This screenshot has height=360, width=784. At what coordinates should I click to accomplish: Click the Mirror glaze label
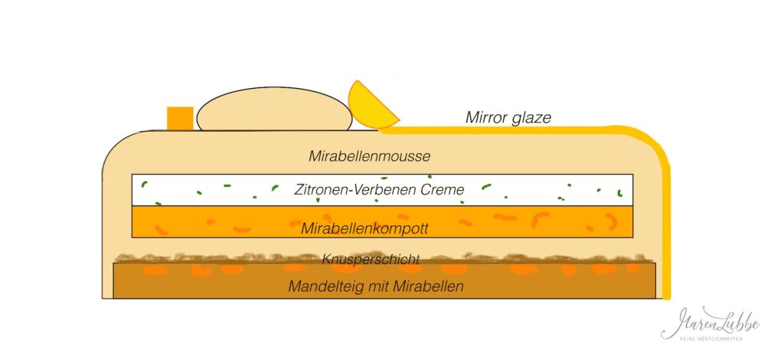click(508, 118)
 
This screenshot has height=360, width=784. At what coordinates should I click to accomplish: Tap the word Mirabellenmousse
click(370, 156)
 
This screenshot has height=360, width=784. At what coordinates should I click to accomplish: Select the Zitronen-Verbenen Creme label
click(380, 190)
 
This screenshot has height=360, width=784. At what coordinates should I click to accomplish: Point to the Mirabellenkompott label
click(364, 229)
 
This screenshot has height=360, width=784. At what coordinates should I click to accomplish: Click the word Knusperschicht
click(371, 259)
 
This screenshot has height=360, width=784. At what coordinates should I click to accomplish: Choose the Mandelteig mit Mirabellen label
click(375, 286)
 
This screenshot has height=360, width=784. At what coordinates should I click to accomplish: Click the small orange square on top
click(180, 119)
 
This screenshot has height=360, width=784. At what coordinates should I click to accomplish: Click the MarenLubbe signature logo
click(710, 323)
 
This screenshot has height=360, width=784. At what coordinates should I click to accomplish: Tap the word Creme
click(443, 190)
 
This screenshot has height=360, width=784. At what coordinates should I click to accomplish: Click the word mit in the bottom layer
click(377, 286)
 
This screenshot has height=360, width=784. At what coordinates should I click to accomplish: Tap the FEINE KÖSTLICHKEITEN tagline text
click(710, 339)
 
